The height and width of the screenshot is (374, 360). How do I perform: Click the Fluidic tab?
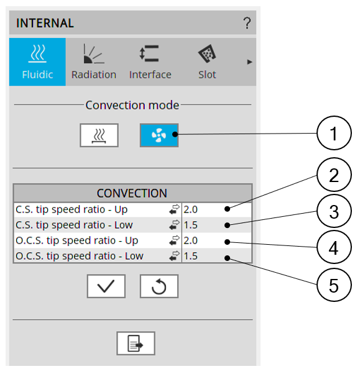tap(37, 62)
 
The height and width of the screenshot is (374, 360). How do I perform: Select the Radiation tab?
tap(94, 62)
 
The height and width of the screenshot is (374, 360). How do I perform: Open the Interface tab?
tap(150, 62)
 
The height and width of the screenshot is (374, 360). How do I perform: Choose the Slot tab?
tap(207, 62)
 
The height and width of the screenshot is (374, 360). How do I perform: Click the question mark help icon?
tap(247, 23)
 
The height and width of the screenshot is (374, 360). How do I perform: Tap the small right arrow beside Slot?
tap(249, 62)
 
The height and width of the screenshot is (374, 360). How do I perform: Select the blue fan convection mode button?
tap(159, 135)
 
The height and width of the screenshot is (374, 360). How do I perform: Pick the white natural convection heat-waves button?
tap(99, 135)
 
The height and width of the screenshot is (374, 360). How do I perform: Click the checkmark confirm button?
tap(106, 286)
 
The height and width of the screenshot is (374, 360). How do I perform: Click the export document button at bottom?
tap(136, 343)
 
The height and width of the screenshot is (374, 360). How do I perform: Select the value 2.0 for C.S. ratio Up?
tap(190, 209)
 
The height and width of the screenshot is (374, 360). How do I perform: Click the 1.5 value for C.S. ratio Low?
tap(190, 225)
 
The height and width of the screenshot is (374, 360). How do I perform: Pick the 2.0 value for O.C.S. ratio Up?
tap(190, 240)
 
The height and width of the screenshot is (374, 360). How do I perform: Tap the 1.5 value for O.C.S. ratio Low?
tap(190, 256)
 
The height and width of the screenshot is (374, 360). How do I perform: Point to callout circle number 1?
tap(334, 133)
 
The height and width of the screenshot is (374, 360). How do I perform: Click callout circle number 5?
tap(334, 285)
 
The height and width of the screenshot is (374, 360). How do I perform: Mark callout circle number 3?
tap(334, 211)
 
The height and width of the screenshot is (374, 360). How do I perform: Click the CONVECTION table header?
tap(132, 193)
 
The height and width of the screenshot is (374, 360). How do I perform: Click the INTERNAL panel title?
tap(45, 23)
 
